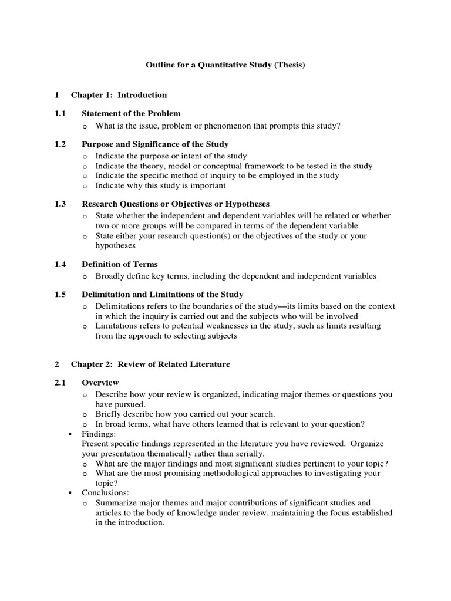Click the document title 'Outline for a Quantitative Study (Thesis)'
pos(225,66)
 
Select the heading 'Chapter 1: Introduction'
pos(119,95)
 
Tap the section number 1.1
pos(60,113)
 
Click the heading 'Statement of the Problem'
pos(131,113)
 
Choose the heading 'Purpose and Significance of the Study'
pos(155,144)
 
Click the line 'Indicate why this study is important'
pos(160,186)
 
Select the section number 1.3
pos(60,204)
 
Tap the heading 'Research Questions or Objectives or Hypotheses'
pos(176,204)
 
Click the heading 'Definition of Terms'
pos(119,265)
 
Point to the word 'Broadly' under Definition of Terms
pos(110,276)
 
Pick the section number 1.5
pos(60,295)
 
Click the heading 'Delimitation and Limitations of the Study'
pos(162,295)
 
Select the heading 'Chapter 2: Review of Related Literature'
pos(150,364)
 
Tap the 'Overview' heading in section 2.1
pos(100,383)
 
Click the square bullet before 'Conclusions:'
pos(70,493)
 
